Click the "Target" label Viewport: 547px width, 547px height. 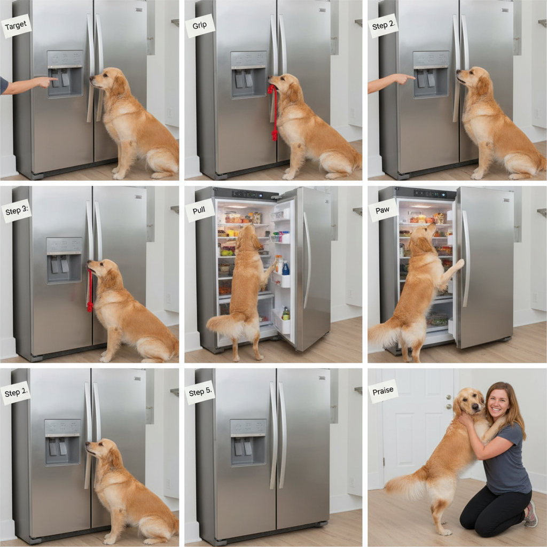[x=16, y=26]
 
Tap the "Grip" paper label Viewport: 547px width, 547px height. [x=200, y=26]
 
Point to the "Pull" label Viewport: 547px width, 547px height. [x=199, y=210]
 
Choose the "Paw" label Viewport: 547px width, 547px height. [x=382, y=210]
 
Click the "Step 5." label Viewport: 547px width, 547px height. [x=200, y=392]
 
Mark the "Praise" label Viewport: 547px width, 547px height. [x=382, y=391]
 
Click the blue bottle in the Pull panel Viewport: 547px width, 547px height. [x=286, y=268]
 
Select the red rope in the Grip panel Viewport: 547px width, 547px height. [x=274, y=112]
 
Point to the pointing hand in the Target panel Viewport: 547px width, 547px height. [x=46, y=82]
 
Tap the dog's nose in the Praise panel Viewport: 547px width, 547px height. [x=474, y=407]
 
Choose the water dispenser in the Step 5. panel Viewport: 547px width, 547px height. [x=248, y=443]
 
